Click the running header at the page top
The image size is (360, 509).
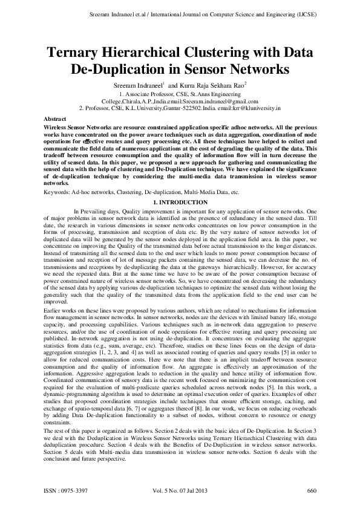coord(180,13)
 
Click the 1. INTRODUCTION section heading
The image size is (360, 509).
coord(180,201)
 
